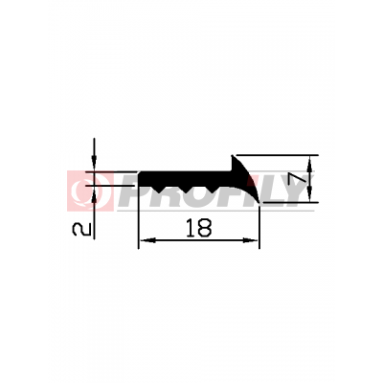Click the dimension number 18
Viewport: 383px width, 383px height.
[198, 228]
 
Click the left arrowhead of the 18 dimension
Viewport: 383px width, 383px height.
[147, 240]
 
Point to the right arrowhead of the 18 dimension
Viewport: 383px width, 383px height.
[250, 240]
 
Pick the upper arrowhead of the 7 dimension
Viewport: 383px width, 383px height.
[309, 164]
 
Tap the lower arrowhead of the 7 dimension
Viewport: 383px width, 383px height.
[309, 194]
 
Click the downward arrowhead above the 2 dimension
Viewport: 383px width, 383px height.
[94, 163]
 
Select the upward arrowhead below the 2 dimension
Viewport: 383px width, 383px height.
[94, 193]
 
